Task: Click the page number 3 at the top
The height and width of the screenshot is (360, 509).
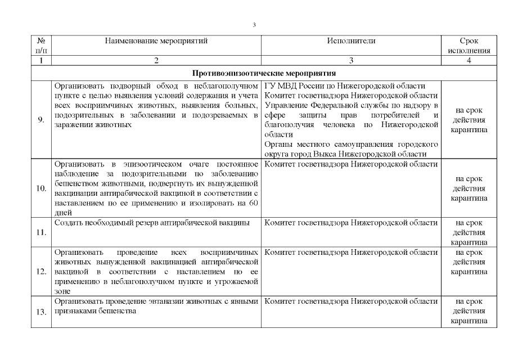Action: (x=255, y=25)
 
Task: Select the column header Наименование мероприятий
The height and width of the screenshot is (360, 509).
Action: (x=156, y=41)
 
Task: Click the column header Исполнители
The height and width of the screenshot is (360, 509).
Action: (x=352, y=41)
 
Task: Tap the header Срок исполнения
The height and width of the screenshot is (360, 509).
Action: (x=469, y=46)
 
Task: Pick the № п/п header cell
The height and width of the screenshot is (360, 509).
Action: (x=41, y=46)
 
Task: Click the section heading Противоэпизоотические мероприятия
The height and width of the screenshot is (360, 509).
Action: (x=264, y=73)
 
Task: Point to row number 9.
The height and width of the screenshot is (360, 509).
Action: (x=42, y=120)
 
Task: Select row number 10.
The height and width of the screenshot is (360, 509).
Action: (x=41, y=188)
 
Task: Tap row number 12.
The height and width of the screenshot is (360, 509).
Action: (x=41, y=272)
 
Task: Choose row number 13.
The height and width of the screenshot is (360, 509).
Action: (x=41, y=311)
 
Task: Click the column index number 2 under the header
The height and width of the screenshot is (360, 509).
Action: (x=156, y=60)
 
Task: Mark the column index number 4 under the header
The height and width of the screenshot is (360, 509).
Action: (x=469, y=60)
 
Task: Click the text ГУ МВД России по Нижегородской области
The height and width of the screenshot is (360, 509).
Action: (x=344, y=86)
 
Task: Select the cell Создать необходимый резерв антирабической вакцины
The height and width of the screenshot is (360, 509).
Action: (x=152, y=223)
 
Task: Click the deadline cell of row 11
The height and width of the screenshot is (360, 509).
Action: (x=469, y=232)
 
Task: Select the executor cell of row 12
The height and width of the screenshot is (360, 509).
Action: (x=350, y=253)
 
